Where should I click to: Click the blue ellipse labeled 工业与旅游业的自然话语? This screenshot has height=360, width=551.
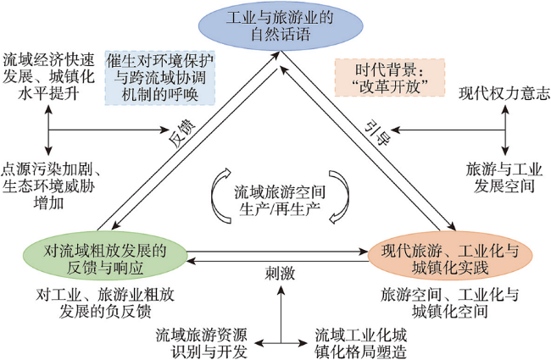click(281, 25)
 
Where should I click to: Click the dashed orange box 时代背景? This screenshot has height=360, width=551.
click(390, 78)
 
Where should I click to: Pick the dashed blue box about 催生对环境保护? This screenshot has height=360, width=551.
click(160, 78)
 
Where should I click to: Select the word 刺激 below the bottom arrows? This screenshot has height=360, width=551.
click(280, 273)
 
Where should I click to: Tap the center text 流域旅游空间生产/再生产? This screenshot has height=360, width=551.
click(280, 200)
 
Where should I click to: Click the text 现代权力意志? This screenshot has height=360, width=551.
click(504, 94)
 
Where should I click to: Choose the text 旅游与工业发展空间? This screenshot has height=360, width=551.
click(504, 178)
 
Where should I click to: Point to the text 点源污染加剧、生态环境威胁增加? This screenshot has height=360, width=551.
click(49, 186)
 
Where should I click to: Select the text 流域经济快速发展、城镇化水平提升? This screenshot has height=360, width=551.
click(48, 76)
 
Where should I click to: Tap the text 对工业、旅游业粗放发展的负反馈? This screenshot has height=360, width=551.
click(105, 302)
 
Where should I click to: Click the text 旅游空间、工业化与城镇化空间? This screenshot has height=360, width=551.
click(450, 302)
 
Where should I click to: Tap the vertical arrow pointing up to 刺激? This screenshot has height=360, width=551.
click(281, 313)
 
